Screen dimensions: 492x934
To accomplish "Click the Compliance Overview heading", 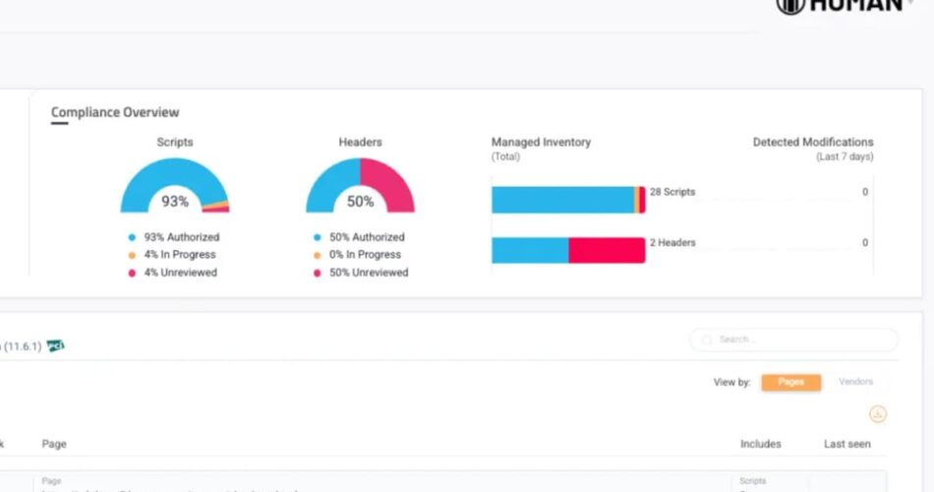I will (x=115, y=112).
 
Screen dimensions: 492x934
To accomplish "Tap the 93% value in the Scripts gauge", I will (x=175, y=202).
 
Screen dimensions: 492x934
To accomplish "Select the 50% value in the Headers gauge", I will (x=360, y=202).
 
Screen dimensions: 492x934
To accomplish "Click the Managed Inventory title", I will (x=541, y=143).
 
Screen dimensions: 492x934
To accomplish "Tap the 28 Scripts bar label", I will (x=672, y=192).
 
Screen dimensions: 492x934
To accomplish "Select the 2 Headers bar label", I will (x=672, y=243).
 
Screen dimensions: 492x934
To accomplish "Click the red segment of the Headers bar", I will (x=607, y=250).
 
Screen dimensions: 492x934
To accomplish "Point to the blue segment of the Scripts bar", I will (x=562, y=200).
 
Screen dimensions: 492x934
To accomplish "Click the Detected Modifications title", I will (x=813, y=143).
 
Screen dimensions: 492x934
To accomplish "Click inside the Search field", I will (x=796, y=339).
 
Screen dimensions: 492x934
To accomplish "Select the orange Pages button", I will (x=790, y=382).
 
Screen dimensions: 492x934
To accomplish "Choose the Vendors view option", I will (x=854, y=382).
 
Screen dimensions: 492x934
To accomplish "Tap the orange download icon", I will (x=878, y=414).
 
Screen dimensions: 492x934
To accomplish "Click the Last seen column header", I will (x=846, y=444).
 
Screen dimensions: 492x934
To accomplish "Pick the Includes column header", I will (x=760, y=444).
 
